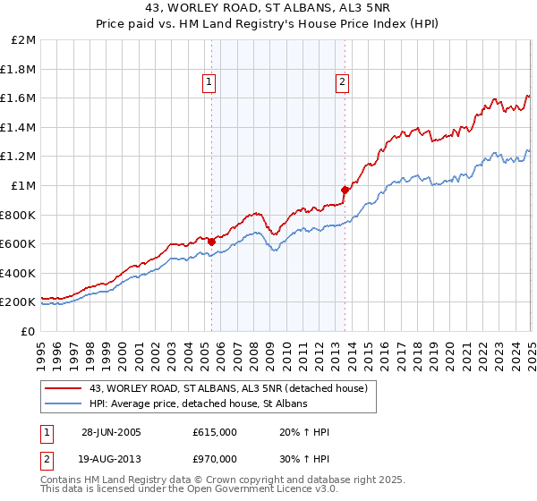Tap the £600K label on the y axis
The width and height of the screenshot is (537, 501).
19,243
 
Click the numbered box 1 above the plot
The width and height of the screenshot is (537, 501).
209,82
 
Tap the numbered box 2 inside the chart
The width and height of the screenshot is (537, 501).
343,82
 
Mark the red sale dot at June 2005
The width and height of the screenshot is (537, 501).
212,241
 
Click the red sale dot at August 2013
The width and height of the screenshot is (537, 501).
345,190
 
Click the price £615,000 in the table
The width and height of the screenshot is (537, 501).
214,432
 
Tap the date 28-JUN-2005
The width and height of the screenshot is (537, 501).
112,432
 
